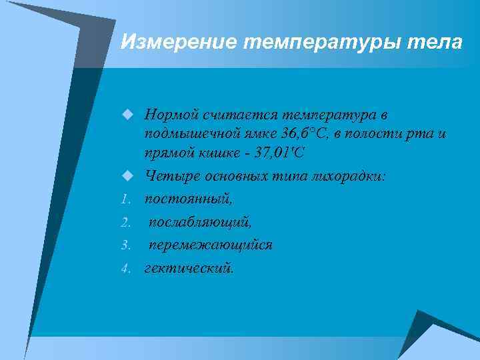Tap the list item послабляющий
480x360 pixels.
pos(200,222)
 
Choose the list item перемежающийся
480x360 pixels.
pos(210,245)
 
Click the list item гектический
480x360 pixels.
pos(189,268)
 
